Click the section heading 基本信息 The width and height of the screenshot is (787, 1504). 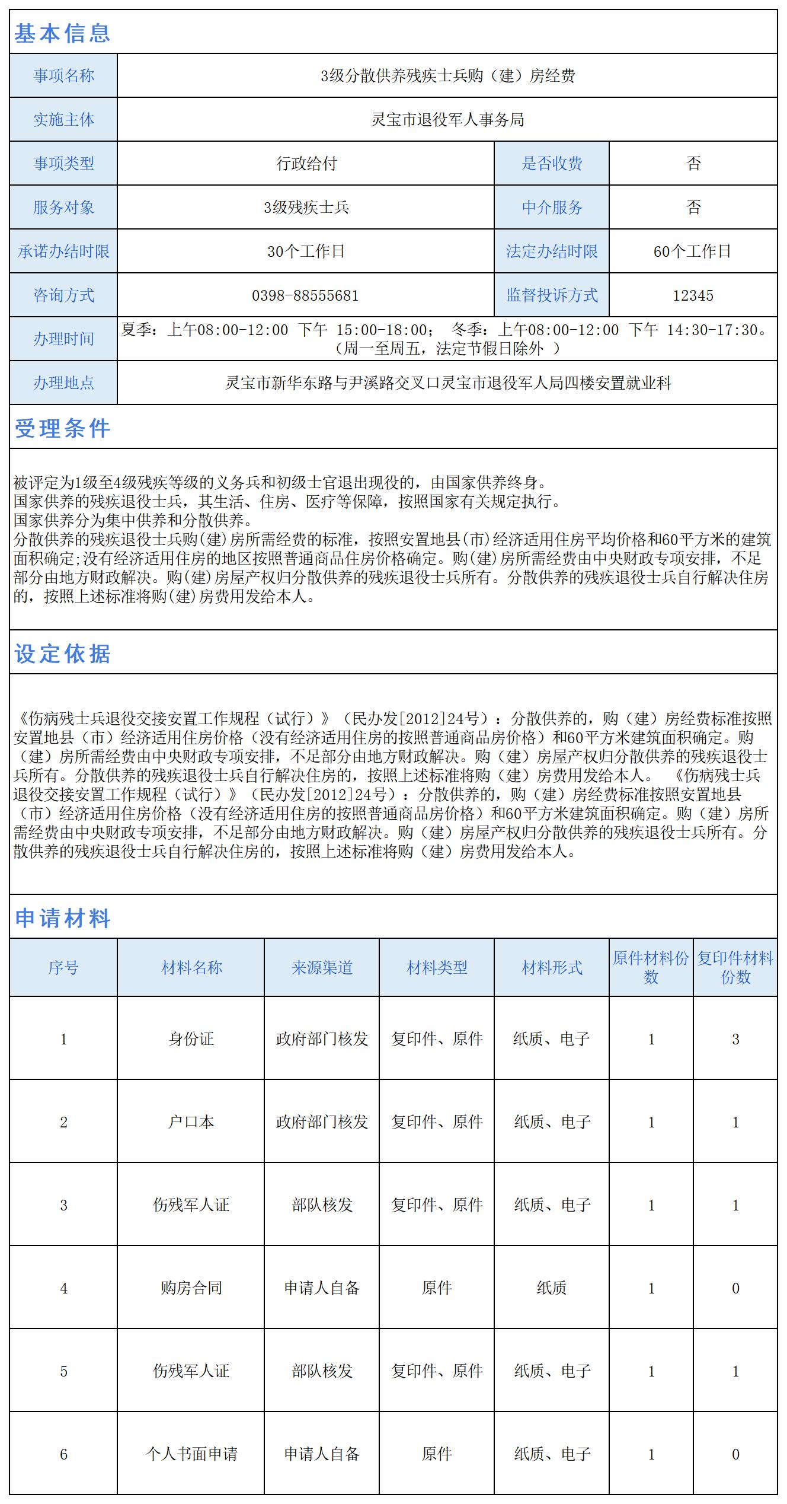click(x=62, y=33)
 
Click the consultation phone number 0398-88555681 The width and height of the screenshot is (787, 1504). click(x=305, y=295)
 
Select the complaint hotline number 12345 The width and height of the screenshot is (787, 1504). click(x=693, y=295)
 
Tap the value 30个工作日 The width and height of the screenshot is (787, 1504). click(x=305, y=251)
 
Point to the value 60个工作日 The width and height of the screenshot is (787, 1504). click(x=692, y=251)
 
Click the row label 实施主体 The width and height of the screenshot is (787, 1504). click(x=63, y=120)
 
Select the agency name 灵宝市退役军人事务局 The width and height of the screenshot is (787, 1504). click(x=447, y=120)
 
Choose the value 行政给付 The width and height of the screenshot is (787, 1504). click(x=306, y=164)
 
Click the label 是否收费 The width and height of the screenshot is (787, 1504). click(x=552, y=164)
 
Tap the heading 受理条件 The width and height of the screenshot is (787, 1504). click(x=62, y=428)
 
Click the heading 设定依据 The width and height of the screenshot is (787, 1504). click(x=62, y=654)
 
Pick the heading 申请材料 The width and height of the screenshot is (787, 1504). click(x=62, y=918)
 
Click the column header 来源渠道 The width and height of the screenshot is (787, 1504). click(x=322, y=968)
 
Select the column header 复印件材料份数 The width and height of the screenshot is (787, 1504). click(x=735, y=968)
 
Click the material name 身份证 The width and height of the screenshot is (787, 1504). click(x=191, y=1039)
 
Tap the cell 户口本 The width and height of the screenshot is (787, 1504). click(x=191, y=1122)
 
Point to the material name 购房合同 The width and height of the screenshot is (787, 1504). click(x=191, y=1288)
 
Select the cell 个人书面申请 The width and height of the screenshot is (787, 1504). click(x=191, y=1454)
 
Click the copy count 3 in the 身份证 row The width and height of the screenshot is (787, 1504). click(x=735, y=1039)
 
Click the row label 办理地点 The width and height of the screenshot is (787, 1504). click(x=63, y=383)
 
